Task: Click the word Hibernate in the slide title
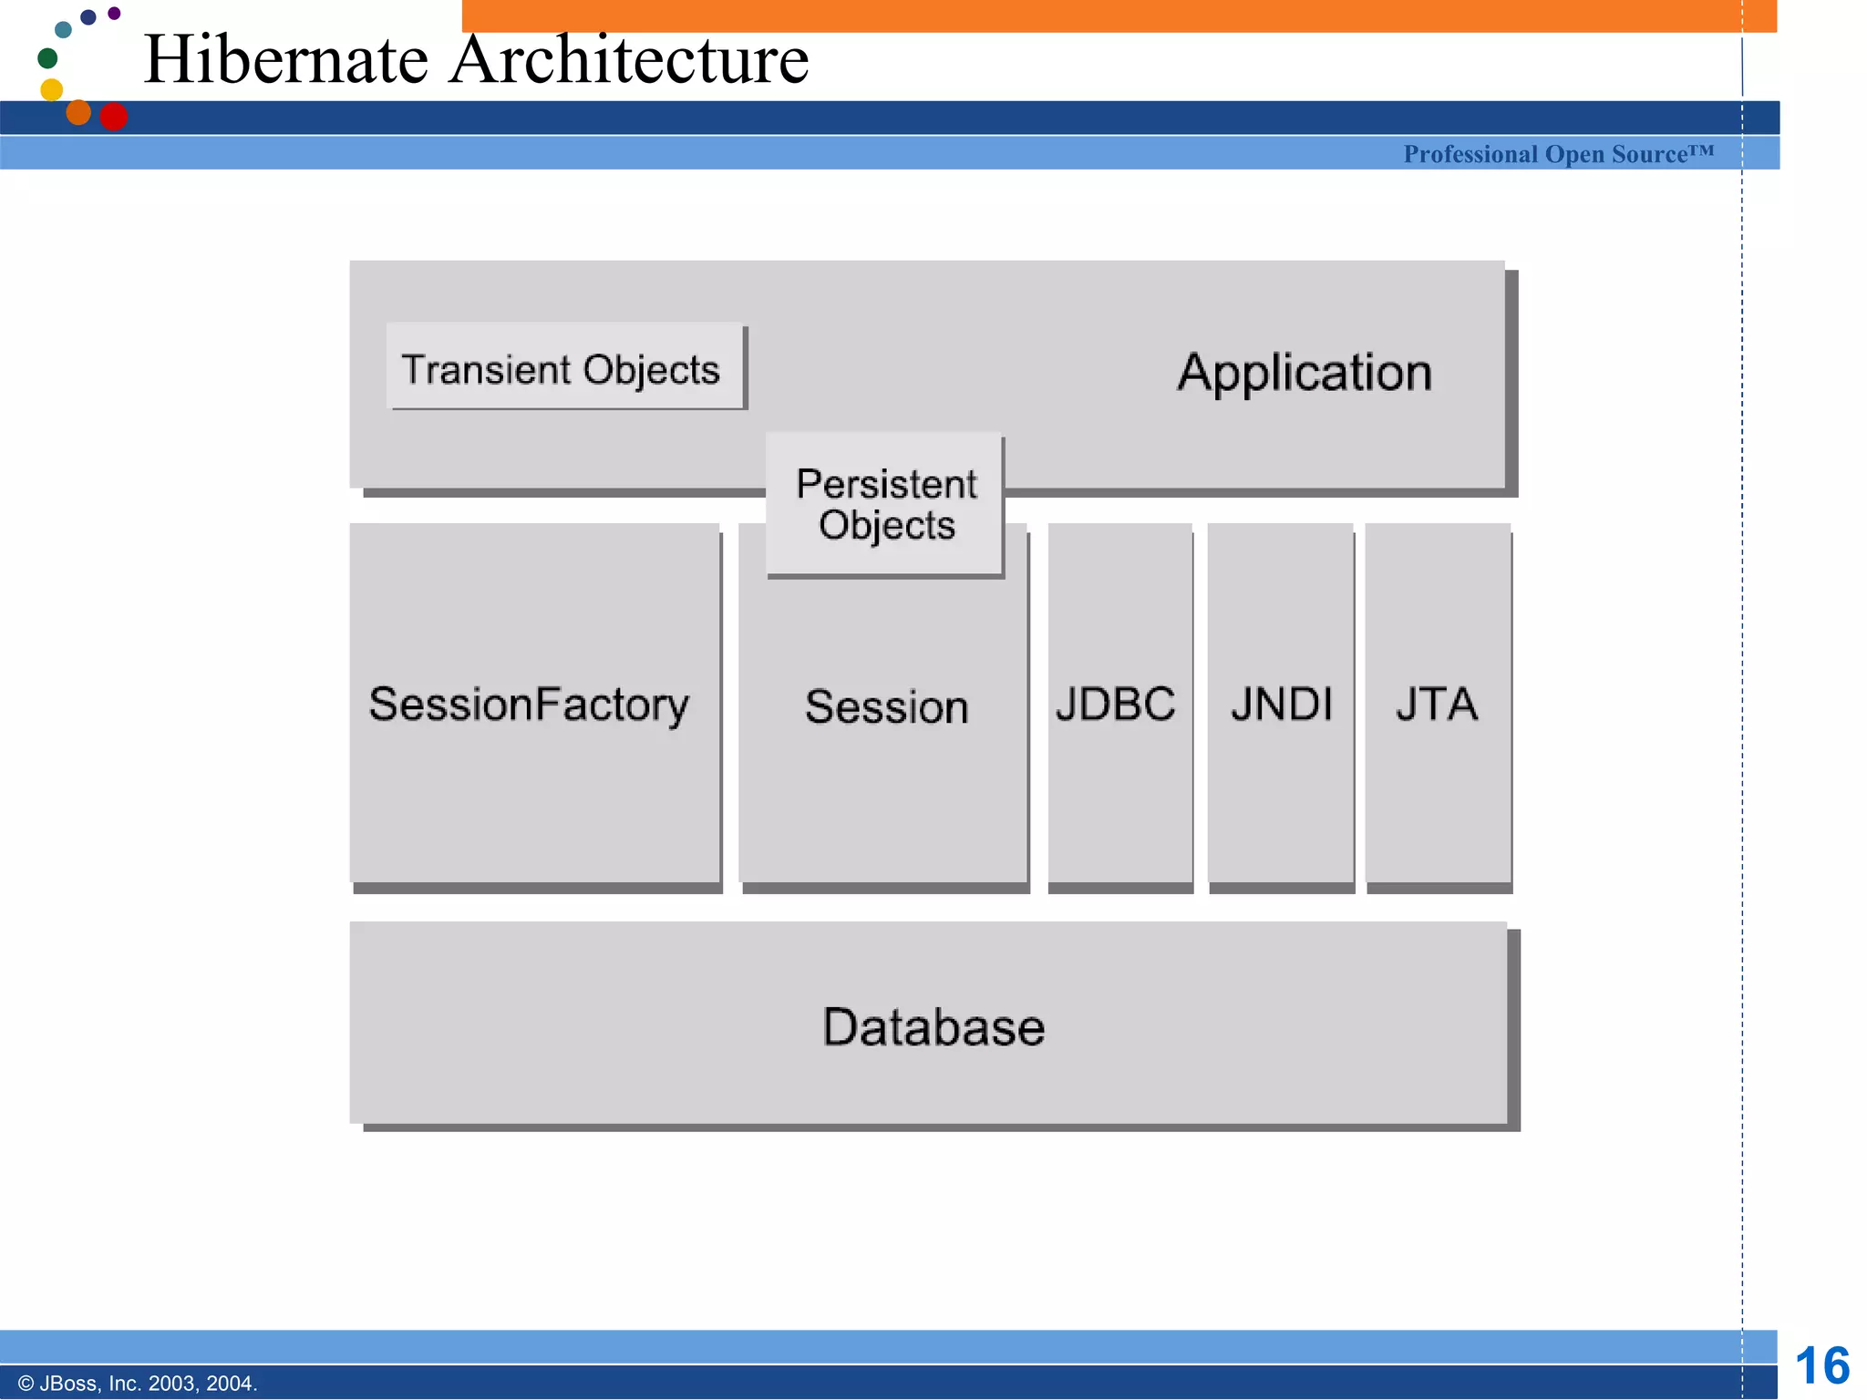pos(285,60)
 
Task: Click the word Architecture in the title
pos(629,60)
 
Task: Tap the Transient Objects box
pos(562,368)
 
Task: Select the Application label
pos(1304,373)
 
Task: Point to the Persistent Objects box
pos(885,504)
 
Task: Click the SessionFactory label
pos(529,705)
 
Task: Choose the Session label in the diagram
pos(886,707)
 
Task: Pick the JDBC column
pos(1118,704)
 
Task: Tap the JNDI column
pos(1281,704)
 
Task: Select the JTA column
pos(1437,704)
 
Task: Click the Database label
pos(933,1027)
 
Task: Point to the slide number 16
pos(1821,1366)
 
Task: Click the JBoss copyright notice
pos(138,1384)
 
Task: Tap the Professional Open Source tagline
pos(1558,154)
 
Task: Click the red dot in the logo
pos(113,117)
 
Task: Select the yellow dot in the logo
pos(52,89)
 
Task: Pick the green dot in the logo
pos(47,58)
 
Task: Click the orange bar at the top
pos(1094,15)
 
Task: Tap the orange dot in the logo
pos(79,112)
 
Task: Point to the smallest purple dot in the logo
pos(114,13)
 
